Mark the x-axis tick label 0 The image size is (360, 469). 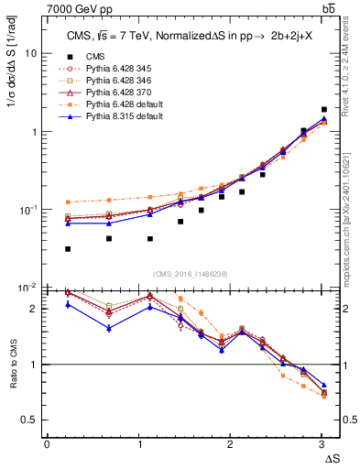(x=48, y=444)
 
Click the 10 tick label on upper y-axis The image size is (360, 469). (x=32, y=53)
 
